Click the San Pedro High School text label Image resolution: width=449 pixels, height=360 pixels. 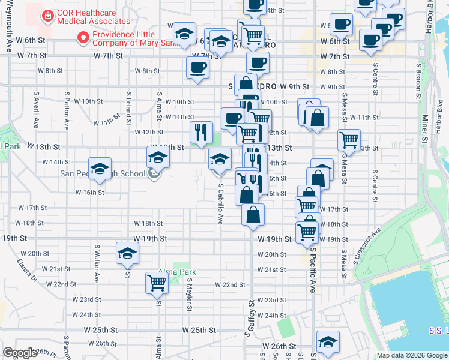(x=103, y=174)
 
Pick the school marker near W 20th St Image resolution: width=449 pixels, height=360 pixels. (x=127, y=254)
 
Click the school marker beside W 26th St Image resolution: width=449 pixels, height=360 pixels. (x=327, y=341)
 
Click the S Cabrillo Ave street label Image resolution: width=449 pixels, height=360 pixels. (x=220, y=203)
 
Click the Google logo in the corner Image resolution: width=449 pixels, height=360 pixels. (x=20, y=353)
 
